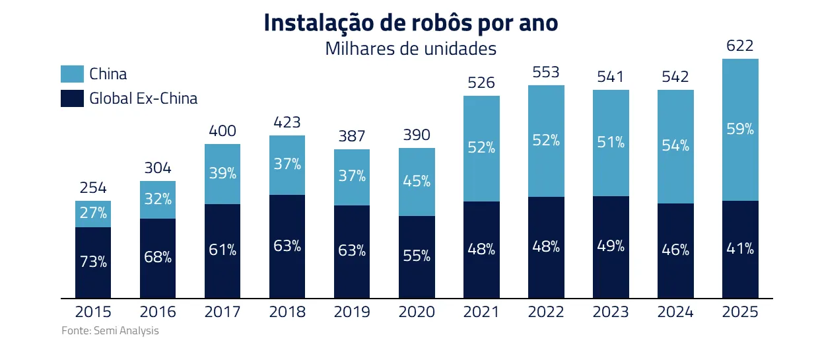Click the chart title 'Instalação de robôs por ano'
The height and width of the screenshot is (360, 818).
point(411,22)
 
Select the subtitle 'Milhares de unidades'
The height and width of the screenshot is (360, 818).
point(411,49)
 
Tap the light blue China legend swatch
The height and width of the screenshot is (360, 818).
point(72,74)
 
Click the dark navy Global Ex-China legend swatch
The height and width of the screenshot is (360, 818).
point(72,98)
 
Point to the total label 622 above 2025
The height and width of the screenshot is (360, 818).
point(739,46)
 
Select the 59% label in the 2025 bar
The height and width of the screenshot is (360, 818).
point(739,129)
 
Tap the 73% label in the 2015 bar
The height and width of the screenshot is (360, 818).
point(93,262)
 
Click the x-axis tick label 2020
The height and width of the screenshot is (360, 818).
point(417,312)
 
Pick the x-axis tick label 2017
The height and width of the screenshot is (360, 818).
point(222,312)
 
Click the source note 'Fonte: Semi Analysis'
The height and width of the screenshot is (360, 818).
point(110,331)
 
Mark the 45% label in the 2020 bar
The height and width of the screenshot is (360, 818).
point(417,180)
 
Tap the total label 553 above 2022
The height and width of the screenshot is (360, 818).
point(546,73)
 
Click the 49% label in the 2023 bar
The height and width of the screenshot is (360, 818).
point(611,246)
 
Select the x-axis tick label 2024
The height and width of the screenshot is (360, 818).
point(675,312)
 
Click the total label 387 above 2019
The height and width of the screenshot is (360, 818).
point(352,137)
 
